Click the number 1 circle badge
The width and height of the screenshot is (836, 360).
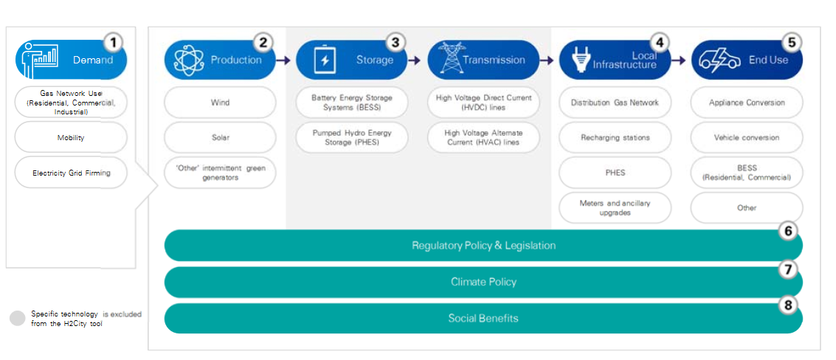coord(112,41)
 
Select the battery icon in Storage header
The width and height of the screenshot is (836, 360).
coord(324,60)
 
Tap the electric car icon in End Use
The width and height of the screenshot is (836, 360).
coord(720,60)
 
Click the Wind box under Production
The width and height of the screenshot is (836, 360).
coord(220,103)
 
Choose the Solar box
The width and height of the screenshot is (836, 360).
coord(220,138)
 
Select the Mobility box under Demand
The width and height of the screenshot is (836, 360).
coord(71,138)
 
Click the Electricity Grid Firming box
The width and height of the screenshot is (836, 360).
coord(71,173)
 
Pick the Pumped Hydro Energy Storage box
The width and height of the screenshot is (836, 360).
coord(352,138)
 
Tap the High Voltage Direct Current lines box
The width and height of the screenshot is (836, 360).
coord(483,103)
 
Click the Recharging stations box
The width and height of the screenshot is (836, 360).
coord(615,138)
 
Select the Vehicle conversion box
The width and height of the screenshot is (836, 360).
coord(747,138)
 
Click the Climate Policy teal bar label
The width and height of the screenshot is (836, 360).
coord(483,282)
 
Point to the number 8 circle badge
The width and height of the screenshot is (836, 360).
coord(788,305)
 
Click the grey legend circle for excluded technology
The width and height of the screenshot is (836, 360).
coord(18,319)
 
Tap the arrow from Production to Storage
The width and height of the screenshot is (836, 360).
coord(283,60)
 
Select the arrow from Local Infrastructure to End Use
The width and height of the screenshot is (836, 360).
coord(679,60)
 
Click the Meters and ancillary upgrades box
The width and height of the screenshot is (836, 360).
coord(615,208)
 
